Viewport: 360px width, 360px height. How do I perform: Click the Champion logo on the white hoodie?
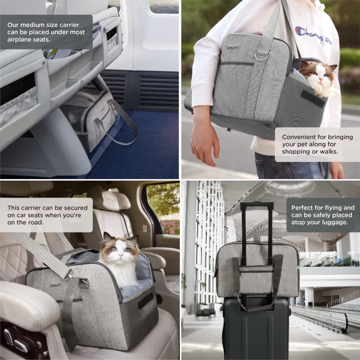(x=313, y=35)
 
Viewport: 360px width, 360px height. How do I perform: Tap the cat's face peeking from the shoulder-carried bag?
(x=318, y=76)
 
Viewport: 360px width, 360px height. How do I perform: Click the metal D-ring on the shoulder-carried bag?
(x=262, y=56)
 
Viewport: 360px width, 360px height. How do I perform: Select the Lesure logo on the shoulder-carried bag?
(x=232, y=48)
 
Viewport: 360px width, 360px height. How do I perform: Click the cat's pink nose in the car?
(x=120, y=255)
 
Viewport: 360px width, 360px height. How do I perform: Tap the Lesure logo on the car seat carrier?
(x=56, y=285)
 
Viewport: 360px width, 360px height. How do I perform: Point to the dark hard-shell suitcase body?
(x=256, y=328)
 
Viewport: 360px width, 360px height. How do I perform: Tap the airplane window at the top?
(x=164, y=6)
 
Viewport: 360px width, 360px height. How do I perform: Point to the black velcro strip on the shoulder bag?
(x=313, y=99)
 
